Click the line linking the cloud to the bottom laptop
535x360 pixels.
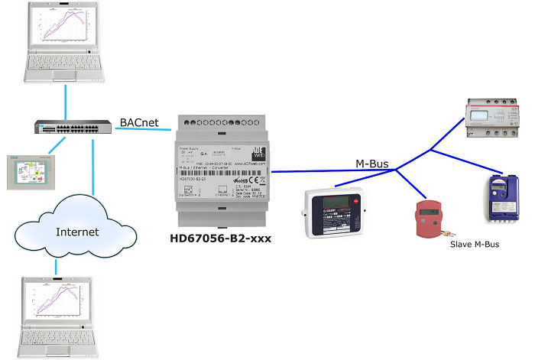(57, 264)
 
